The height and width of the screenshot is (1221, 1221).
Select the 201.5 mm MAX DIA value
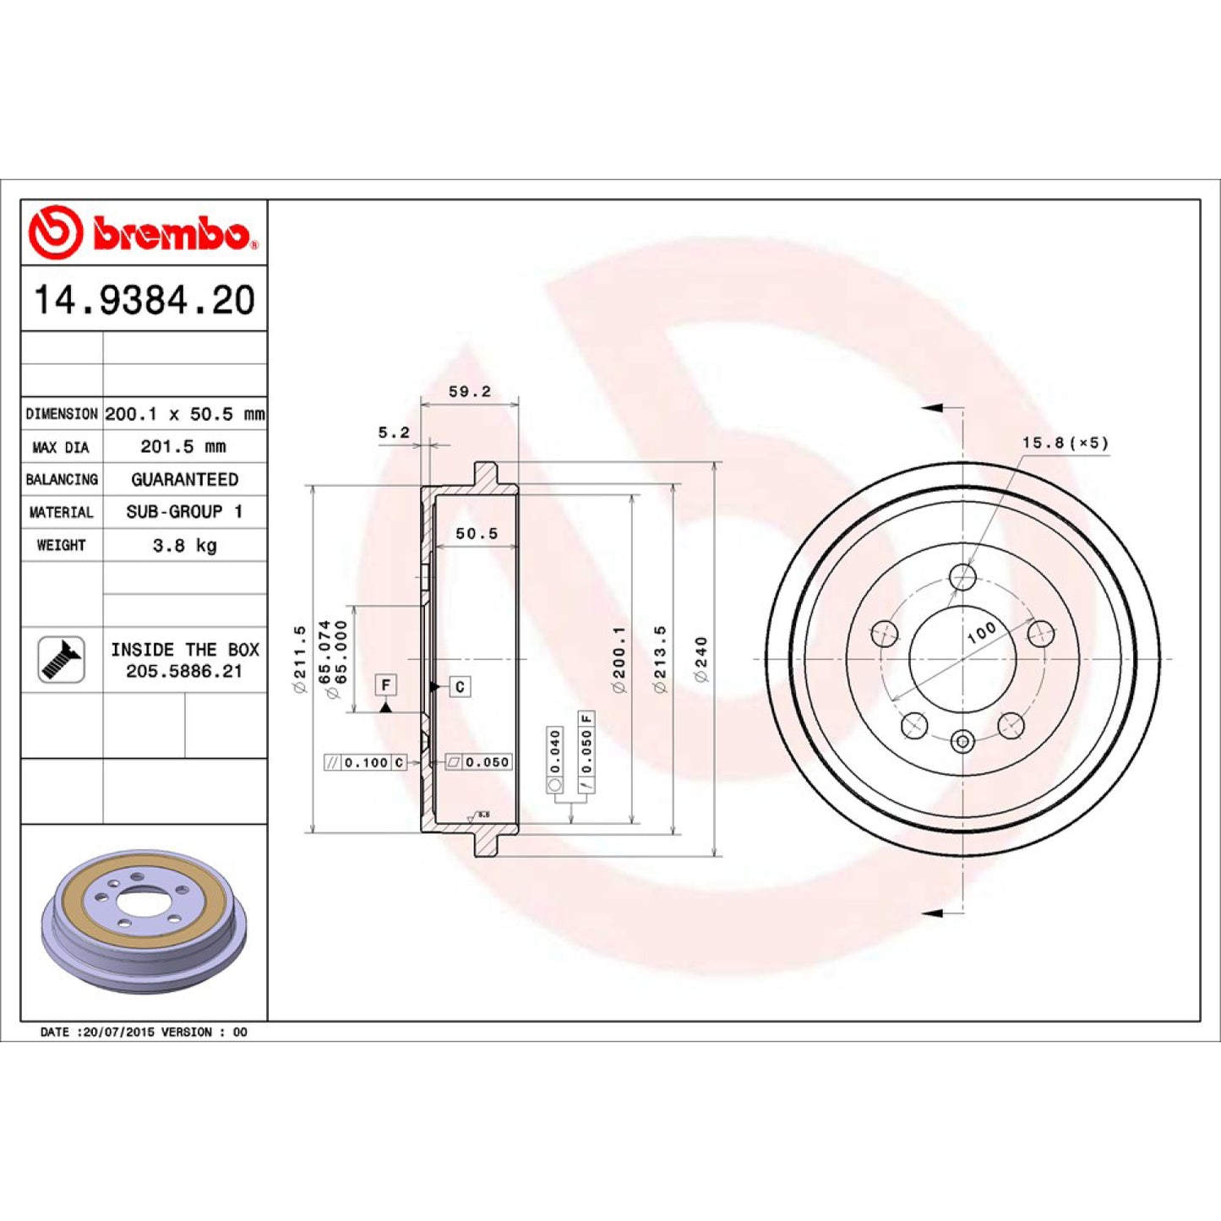(183, 447)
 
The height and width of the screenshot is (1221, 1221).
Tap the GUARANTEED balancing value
(184, 479)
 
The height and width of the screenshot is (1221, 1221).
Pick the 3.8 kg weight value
(184, 545)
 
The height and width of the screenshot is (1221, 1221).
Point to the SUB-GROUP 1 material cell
(184, 512)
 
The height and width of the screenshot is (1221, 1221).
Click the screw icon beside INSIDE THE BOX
(62, 660)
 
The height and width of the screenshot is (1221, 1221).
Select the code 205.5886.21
(184, 672)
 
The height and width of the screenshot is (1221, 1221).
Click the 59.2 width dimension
(470, 391)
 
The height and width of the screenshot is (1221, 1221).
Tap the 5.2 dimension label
(394, 433)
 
